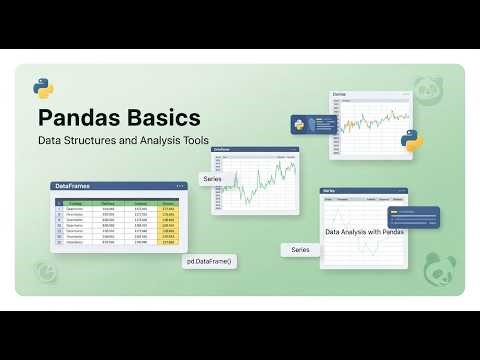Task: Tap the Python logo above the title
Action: point(43,86)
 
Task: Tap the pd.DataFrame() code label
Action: point(208,261)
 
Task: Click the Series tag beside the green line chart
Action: point(212,179)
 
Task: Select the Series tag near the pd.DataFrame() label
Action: point(300,249)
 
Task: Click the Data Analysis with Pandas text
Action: point(365,232)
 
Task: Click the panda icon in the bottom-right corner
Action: point(440,268)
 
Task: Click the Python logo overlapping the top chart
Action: point(411,139)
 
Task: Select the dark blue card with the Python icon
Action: point(310,126)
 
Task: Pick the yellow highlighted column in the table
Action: point(169,222)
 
